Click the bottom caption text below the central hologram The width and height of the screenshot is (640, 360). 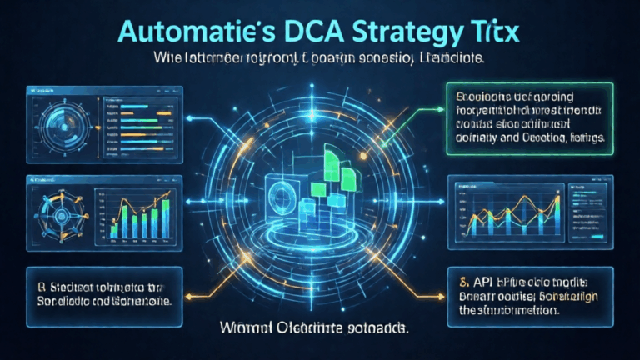(320, 329)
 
